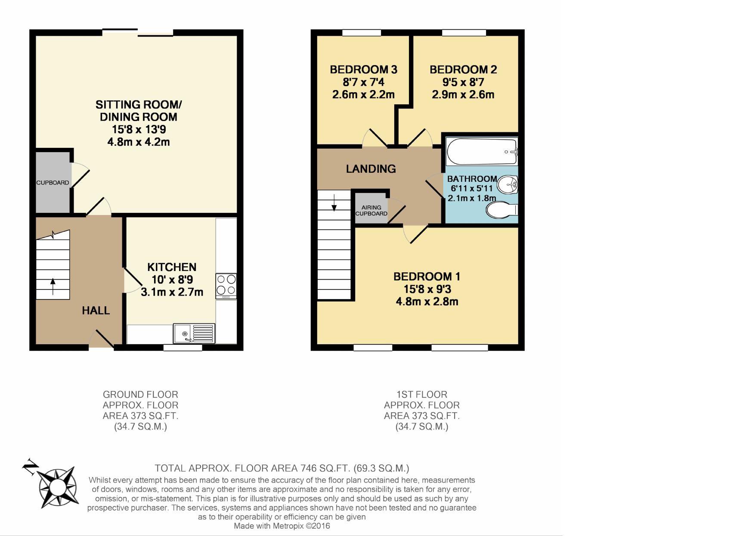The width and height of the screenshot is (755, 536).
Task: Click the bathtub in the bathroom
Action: point(482,151)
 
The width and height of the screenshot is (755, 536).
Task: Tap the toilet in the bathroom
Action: point(501,210)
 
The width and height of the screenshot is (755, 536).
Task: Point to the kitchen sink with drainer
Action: point(194,333)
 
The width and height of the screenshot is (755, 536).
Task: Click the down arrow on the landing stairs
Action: point(334,202)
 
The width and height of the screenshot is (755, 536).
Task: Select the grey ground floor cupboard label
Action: point(53,183)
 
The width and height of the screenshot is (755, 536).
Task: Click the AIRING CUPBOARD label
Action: point(371,211)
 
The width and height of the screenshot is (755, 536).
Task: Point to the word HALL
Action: point(96,311)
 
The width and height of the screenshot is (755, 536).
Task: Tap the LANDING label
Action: point(371,169)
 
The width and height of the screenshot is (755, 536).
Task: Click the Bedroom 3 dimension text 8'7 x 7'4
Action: point(363,82)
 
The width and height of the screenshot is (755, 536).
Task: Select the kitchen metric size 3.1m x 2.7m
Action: point(172,292)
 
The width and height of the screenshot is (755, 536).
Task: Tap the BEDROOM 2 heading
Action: point(463,70)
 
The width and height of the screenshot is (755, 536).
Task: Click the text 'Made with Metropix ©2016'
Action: point(282,526)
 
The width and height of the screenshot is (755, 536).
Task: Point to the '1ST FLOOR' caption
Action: point(422,394)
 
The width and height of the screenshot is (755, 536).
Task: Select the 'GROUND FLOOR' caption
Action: point(140,394)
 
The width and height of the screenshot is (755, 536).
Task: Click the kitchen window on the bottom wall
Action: point(183,348)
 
